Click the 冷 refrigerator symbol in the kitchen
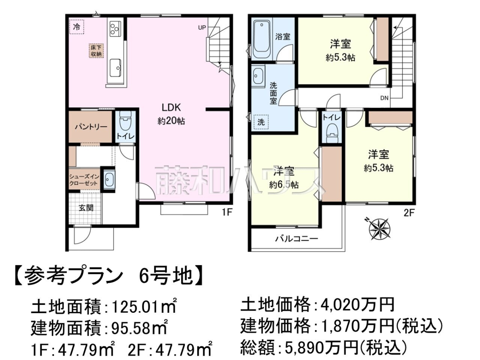(76, 27)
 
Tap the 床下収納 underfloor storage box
(96, 50)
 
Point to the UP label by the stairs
(202, 28)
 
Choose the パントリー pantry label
(91, 127)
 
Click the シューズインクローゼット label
(84, 180)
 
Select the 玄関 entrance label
(86, 208)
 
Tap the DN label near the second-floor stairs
(384, 98)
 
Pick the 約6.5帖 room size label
(284, 185)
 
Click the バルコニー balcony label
(296, 239)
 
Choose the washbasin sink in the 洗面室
(258, 76)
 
